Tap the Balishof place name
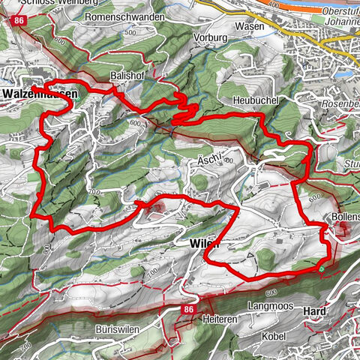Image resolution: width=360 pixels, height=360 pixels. pos(124,76)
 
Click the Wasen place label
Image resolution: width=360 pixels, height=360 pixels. pos(253,26)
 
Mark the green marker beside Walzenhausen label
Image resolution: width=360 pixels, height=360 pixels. pos(77,97)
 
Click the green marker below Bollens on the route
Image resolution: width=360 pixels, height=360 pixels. pos(321,268)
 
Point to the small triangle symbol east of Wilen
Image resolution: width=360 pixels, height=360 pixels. pos(265,256)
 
